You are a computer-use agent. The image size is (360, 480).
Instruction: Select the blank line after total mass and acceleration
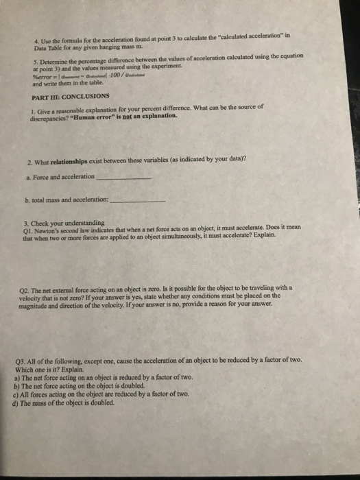[138, 202]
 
